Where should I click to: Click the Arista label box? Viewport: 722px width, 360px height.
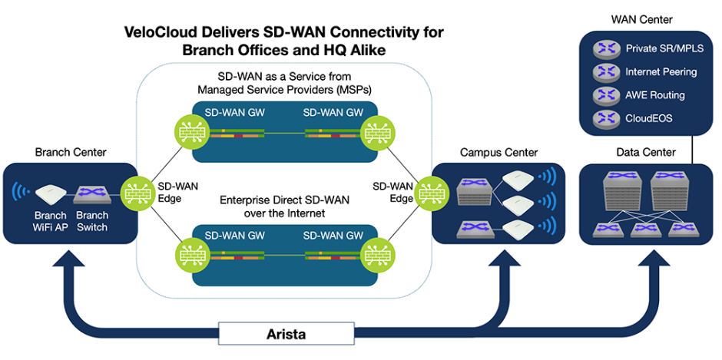click(286, 334)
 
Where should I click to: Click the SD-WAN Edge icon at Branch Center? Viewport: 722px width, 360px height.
click(136, 193)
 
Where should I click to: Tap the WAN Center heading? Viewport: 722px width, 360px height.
click(641, 20)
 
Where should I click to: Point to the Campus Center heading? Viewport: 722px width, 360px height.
click(499, 153)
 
